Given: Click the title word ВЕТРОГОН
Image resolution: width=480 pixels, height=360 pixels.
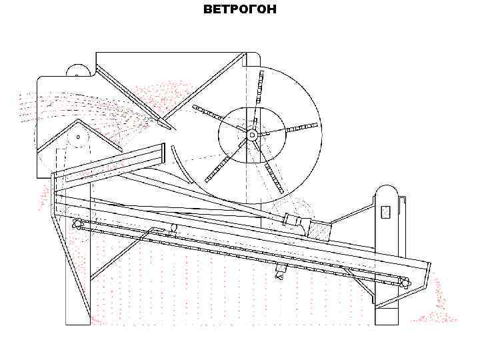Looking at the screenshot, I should (239, 10).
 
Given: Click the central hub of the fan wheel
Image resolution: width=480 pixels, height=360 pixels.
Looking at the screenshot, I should (252, 135).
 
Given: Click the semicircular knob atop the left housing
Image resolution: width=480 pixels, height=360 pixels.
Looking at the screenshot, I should (78, 71).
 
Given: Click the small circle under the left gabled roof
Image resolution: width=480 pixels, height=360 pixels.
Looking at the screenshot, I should (78, 138).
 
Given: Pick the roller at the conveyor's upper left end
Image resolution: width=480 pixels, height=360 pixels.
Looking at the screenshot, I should (77, 223).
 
